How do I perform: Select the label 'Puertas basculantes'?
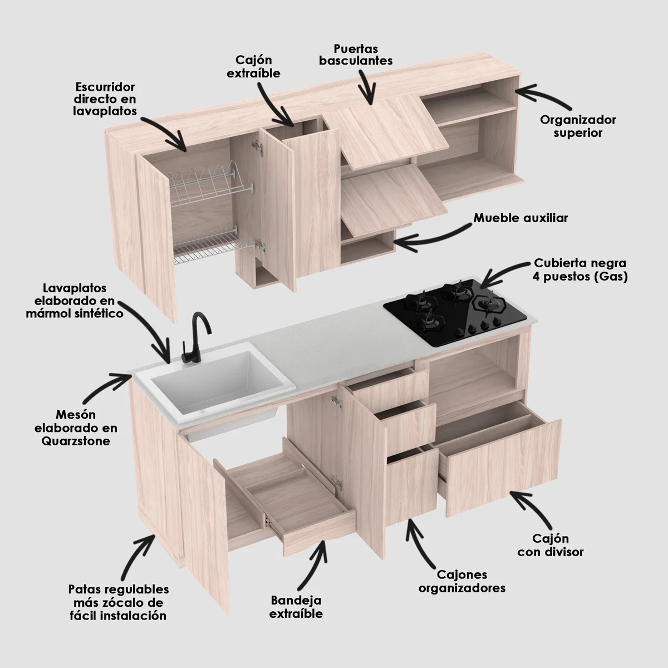pyautogui.click(x=356, y=55)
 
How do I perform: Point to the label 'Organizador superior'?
pyautogui.click(x=578, y=126)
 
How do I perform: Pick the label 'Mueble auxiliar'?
pyautogui.click(x=520, y=218)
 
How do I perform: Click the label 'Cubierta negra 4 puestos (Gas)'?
pyautogui.click(x=580, y=269)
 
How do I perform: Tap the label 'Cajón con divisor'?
pyautogui.click(x=550, y=545)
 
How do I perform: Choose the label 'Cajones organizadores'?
pyautogui.click(x=462, y=581)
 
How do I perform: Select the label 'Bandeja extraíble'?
pyautogui.click(x=296, y=607)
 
